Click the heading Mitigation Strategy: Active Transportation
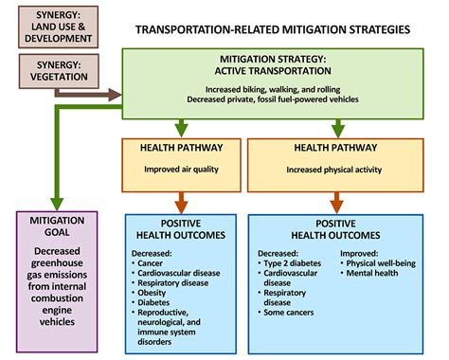pyautogui.click(x=274, y=66)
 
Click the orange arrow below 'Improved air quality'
pyautogui.click(x=180, y=200)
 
